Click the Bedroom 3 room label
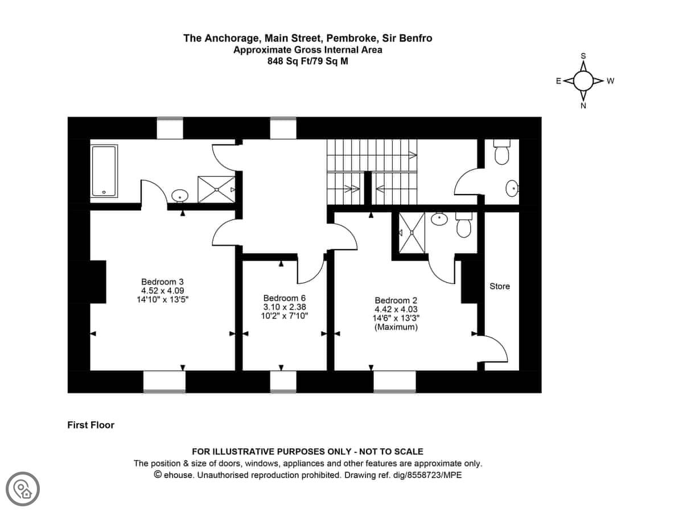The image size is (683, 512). tap(162, 282)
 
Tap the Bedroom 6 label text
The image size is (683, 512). tap(285, 298)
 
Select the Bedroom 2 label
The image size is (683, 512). tap(396, 300)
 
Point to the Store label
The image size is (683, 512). tap(500, 286)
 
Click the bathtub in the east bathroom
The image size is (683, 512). tap(104, 171)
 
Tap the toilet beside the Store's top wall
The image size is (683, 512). tap(501, 152)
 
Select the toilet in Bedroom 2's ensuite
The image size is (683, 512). tap(464, 225)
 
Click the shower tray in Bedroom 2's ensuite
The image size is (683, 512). tap(412, 232)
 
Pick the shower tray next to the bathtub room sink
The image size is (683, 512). tap(217, 189)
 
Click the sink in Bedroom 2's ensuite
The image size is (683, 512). tap(439, 218)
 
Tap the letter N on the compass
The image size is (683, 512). tap(583, 106)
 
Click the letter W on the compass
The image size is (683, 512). tap(610, 81)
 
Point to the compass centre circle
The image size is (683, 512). tap(583, 81)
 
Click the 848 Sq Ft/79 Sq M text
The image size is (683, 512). tap(308, 61)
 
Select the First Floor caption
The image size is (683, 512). tap(91, 425)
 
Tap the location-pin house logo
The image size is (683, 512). tap(23, 489)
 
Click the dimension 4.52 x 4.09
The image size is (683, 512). tap(162, 291)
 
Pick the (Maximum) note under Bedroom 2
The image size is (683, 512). tap(396, 327)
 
